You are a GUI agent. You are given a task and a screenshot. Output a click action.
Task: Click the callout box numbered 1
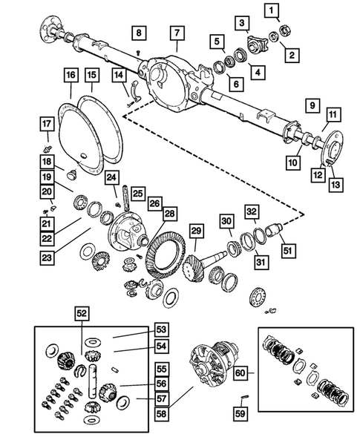274,10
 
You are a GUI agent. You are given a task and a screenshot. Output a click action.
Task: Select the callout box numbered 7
177,33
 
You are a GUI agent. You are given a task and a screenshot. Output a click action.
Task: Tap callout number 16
71,76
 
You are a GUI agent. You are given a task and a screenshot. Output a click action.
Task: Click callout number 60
241,373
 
